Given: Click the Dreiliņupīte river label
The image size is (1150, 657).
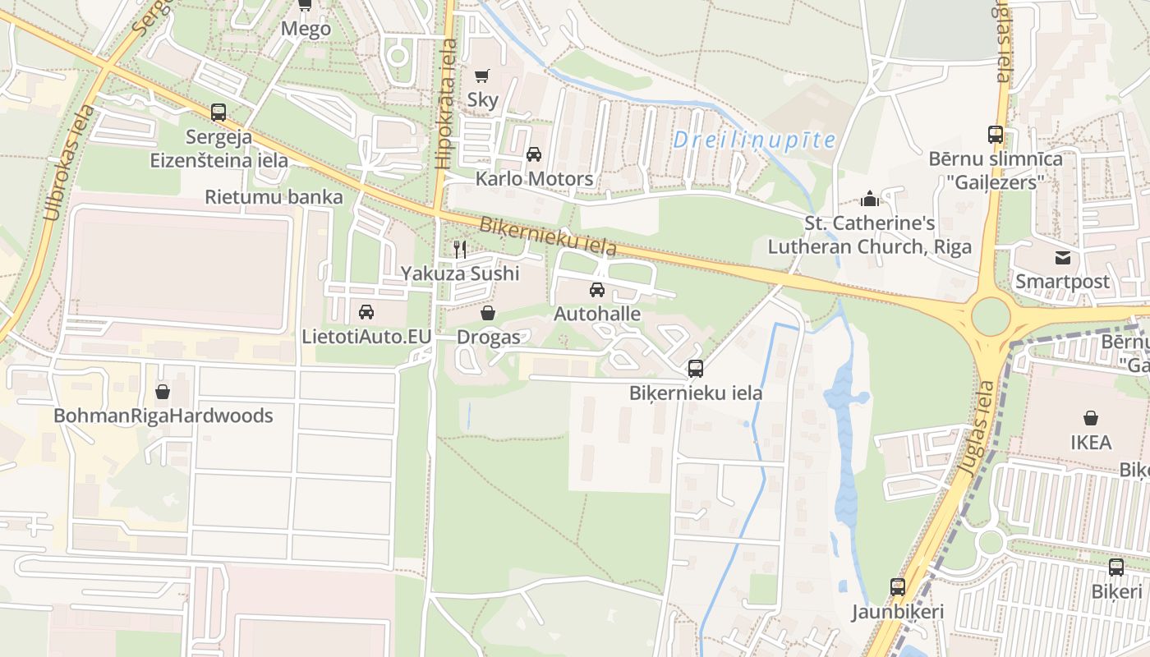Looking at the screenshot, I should [753, 140].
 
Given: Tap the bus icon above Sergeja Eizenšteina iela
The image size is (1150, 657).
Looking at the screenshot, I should [218, 113].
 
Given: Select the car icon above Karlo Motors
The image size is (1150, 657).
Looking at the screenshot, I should [534, 154].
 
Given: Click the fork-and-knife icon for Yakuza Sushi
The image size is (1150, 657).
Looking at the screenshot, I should [460, 249].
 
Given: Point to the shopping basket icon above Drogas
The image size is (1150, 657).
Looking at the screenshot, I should [488, 313].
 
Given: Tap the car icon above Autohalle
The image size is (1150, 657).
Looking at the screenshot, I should [597, 290].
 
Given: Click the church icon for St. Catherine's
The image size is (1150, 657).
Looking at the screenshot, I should [869, 199].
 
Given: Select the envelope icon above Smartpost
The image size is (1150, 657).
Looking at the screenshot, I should [1063, 258].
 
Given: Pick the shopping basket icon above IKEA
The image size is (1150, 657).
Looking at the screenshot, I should [1091, 419].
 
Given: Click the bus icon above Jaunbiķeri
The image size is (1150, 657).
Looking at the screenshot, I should [898, 587].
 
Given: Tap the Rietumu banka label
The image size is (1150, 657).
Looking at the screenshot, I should [274, 197].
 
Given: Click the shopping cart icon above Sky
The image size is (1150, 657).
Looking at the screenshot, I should [482, 76].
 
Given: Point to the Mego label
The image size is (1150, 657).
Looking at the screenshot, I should [306, 30].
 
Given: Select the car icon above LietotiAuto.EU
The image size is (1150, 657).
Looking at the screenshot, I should [366, 312].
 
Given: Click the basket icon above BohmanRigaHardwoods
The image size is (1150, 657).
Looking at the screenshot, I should [163, 392].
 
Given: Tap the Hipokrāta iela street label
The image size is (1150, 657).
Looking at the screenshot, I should [447, 107].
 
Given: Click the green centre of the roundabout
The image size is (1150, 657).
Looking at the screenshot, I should [991, 316].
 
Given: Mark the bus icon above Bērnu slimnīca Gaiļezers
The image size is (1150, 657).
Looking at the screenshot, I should [996, 135].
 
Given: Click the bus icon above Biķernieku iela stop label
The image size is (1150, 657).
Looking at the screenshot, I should [696, 369].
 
